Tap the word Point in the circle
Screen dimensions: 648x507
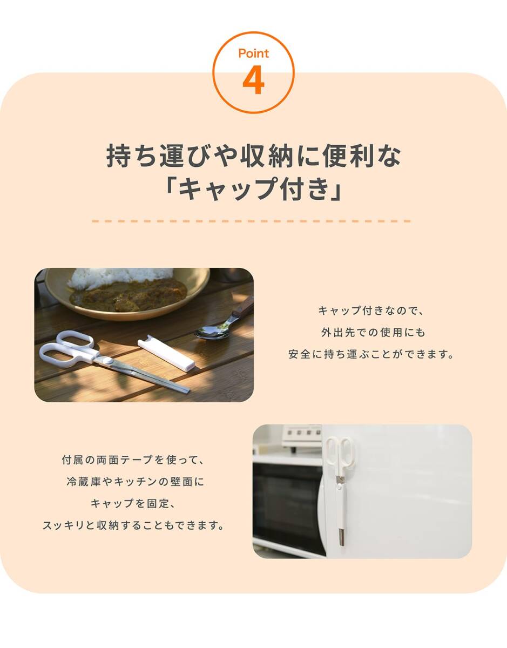point(253,54)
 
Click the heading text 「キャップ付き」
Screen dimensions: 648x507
point(253,189)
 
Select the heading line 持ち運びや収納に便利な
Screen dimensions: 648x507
point(253,157)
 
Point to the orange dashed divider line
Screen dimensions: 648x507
point(251,221)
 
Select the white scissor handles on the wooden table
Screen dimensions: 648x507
point(67,349)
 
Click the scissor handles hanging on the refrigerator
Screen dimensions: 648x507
point(339,454)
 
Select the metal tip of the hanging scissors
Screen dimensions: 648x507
point(341,537)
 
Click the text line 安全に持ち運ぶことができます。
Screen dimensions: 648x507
point(370,355)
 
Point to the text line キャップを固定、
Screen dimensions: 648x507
point(133,503)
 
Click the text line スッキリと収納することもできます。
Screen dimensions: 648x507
point(133,525)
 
